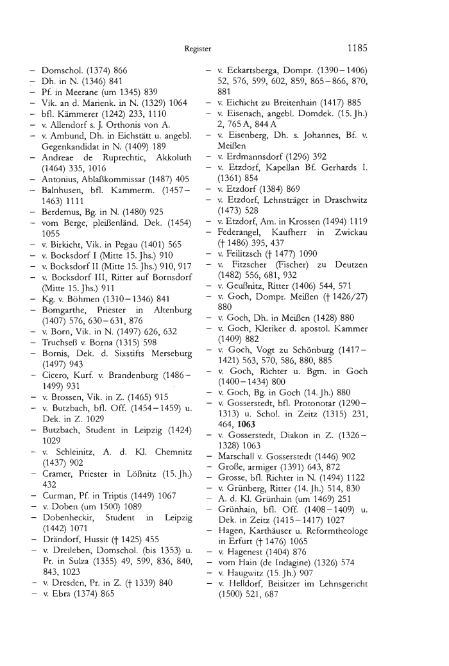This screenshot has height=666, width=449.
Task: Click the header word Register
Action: click(x=198, y=48)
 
